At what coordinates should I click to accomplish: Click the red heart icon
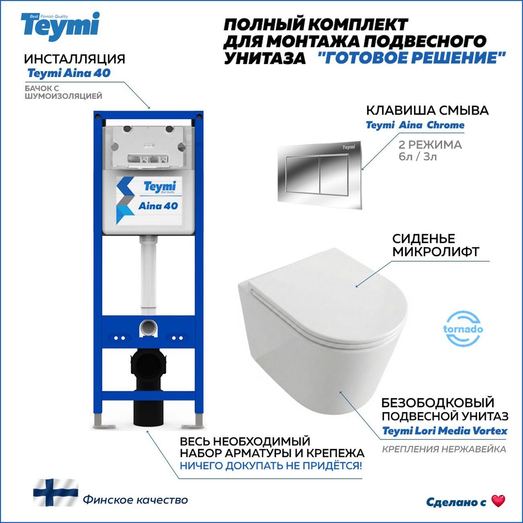[498, 501]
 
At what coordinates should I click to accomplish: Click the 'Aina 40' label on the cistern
[158, 206]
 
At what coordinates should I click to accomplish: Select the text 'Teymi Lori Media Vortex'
[445, 431]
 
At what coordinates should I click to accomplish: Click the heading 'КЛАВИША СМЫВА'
[427, 110]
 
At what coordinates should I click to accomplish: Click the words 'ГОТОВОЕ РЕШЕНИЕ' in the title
[410, 58]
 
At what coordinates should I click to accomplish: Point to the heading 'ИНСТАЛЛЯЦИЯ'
[74, 59]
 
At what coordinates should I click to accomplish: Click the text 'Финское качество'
[135, 500]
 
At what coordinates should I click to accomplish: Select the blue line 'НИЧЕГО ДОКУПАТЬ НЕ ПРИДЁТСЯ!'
[270, 466]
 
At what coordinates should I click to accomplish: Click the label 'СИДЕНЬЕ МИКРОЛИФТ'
[435, 245]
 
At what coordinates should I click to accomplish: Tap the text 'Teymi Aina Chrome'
[415, 125]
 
